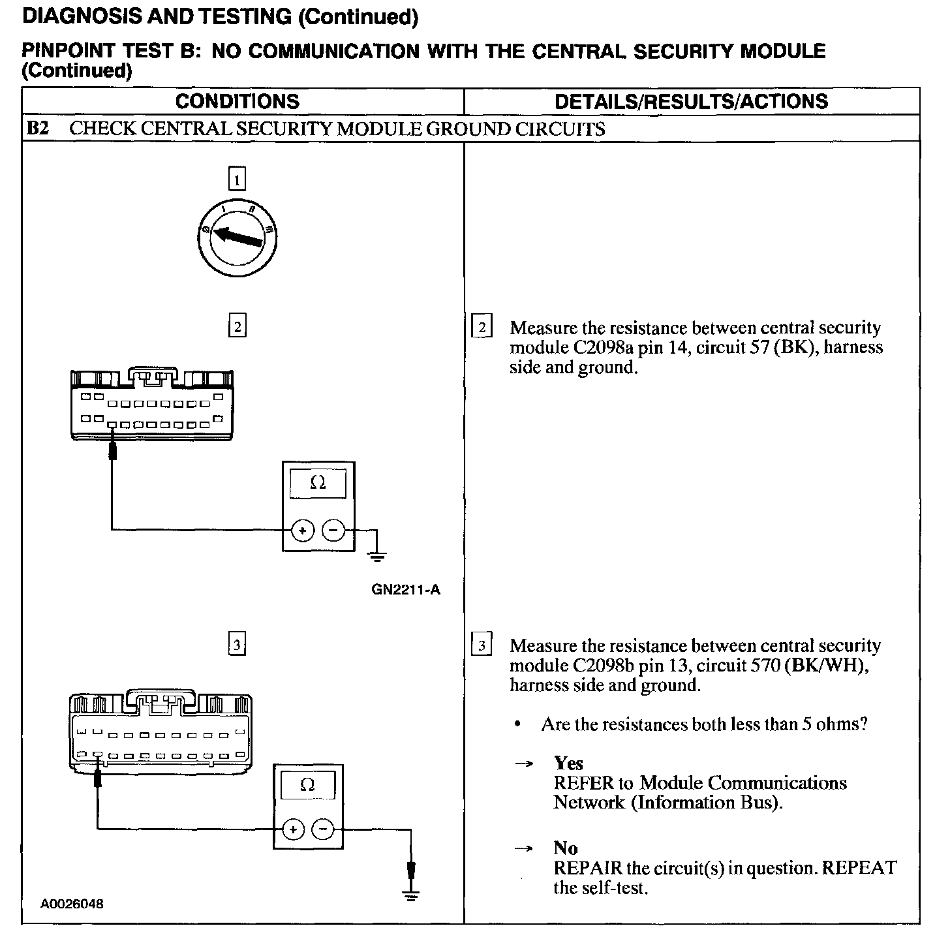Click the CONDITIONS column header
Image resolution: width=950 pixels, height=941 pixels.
237,101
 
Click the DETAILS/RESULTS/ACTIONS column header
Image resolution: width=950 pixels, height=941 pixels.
691,101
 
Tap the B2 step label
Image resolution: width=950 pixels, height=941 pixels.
38,129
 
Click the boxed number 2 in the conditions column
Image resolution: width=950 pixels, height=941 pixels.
237,326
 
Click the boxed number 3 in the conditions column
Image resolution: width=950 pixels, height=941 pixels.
237,645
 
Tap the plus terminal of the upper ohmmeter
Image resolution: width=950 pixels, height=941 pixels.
302,531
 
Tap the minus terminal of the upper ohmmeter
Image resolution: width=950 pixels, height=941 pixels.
334,531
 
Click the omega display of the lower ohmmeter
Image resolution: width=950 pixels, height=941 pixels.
307,785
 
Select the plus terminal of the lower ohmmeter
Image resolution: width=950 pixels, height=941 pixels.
293,829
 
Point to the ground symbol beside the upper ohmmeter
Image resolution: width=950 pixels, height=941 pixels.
376,556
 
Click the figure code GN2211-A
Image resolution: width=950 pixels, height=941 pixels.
406,590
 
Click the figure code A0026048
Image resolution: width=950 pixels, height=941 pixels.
72,904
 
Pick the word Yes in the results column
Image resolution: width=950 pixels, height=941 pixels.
568,763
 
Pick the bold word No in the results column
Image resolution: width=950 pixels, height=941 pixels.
566,848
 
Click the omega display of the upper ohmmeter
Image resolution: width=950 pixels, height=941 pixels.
318,483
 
